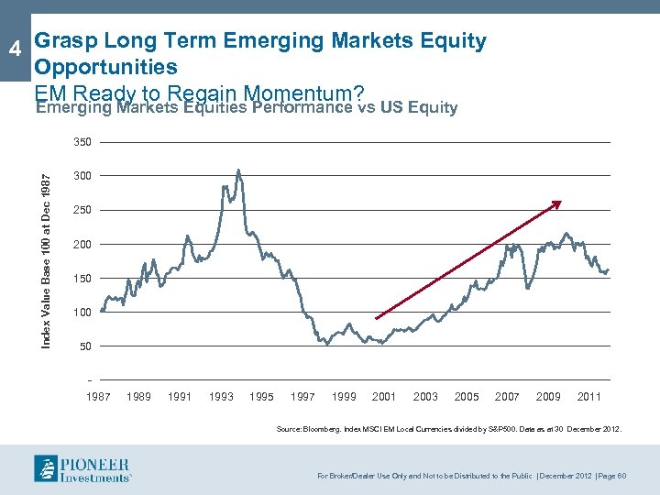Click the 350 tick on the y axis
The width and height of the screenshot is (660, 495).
coord(83,143)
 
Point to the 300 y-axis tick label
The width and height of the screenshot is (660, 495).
coord(83,176)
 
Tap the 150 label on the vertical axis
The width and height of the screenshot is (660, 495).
coord(83,278)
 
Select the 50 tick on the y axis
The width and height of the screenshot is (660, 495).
coord(86,346)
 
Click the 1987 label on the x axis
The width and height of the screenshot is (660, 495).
coord(98,396)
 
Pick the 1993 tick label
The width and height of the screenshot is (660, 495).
coord(221,396)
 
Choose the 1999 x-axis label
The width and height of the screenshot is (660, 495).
coord(344,396)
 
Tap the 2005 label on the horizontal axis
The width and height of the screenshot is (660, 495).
coord(467,396)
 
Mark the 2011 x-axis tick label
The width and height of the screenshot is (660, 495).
coord(589,396)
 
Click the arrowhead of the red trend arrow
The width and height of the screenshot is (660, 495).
coord(557,203)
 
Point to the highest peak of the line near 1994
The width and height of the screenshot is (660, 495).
coord(238,170)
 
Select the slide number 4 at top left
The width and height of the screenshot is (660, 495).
coord(14,48)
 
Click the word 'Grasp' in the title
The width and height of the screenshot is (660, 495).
coord(66,40)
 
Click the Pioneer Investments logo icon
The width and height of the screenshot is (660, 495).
coord(48,467)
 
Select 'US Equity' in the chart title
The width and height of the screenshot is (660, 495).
coord(419,107)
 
